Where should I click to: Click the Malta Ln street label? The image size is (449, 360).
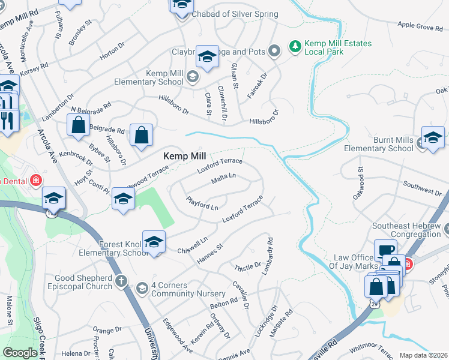click(x=223, y=179)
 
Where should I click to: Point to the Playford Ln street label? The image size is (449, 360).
click(x=202, y=203)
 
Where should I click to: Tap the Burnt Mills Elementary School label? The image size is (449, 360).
click(x=379, y=144)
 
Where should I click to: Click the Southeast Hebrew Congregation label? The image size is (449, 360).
click(x=407, y=230)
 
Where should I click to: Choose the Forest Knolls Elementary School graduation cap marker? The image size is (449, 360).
click(x=154, y=242)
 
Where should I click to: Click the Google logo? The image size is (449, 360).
click(x=20, y=353)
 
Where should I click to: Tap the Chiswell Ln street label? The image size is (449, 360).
click(x=193, y=245)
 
